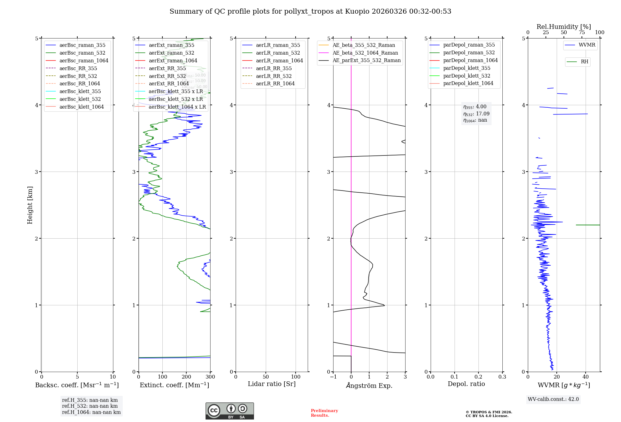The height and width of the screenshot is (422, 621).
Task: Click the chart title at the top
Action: [x=310, y=11]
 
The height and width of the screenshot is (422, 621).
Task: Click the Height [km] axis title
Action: [x=30, y=205]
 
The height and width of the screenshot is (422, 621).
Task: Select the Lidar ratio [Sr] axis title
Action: [x=272, y=384]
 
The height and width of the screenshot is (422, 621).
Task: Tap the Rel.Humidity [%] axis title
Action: [x=564, y=27]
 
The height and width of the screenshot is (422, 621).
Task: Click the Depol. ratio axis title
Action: [x=466, y=384]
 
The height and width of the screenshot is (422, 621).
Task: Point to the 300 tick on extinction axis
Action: [x=210, y=377]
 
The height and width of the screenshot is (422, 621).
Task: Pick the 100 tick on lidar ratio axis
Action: [x=296, y=377]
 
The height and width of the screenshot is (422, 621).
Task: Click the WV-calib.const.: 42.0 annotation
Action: [x=553, y=399]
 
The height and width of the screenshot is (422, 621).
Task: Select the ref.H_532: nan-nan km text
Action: [x=90, y=406]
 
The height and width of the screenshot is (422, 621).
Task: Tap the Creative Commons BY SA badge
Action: [x=229, y=411]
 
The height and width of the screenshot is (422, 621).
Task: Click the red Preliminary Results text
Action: [x=324, y=413]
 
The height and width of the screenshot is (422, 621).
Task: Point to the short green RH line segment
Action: [x=588, y=225]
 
